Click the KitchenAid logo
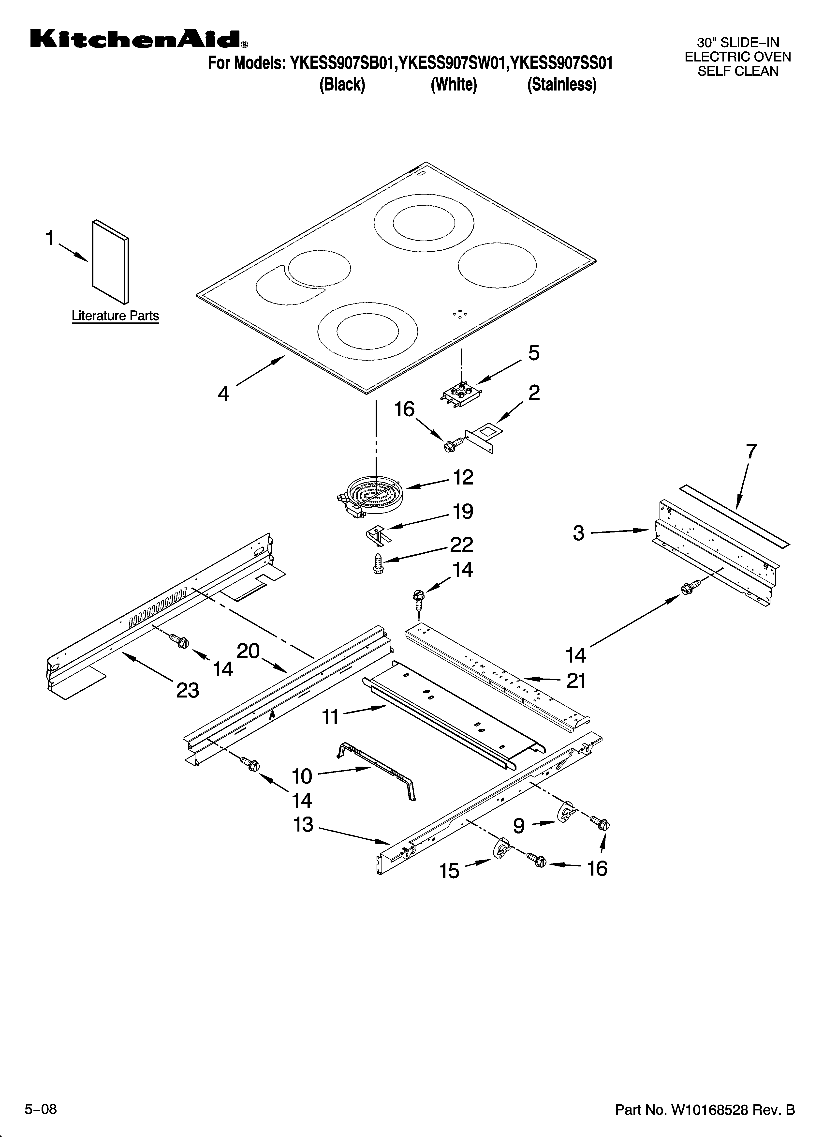click(x=138, y=39)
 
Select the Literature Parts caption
click(x=115, y=316)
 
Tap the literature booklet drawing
click(x=110, y=262)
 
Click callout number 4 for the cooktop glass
click(x=223, y=394)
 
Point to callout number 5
click(x=534, y=353)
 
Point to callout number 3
click(x=579, y=533)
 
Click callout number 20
click(x=248, y=651)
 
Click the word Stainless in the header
click(x=562, y=85)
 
